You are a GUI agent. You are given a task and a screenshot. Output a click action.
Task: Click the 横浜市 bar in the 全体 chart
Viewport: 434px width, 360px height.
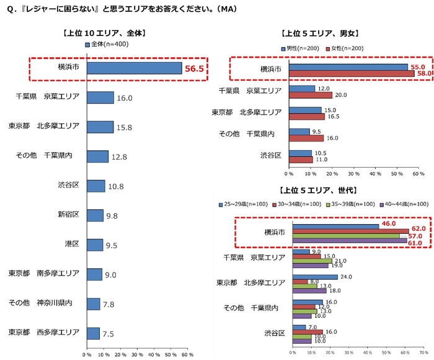click(x=134, y=68)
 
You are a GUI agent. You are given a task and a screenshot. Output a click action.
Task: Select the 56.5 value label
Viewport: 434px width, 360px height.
click(x=193, y=68)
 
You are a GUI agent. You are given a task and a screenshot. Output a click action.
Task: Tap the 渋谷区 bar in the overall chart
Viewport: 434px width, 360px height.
click(x=95, y=186)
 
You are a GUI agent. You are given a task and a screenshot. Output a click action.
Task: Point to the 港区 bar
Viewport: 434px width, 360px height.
click(x=95, y=245)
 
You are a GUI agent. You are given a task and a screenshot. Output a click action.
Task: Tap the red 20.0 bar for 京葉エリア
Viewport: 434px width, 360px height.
click(x=309, y=95)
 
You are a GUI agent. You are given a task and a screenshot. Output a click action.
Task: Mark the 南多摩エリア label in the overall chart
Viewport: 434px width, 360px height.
click(x=43, y=274)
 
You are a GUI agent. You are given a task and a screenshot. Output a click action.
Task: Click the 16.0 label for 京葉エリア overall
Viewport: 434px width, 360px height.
click(x=125, y=97)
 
